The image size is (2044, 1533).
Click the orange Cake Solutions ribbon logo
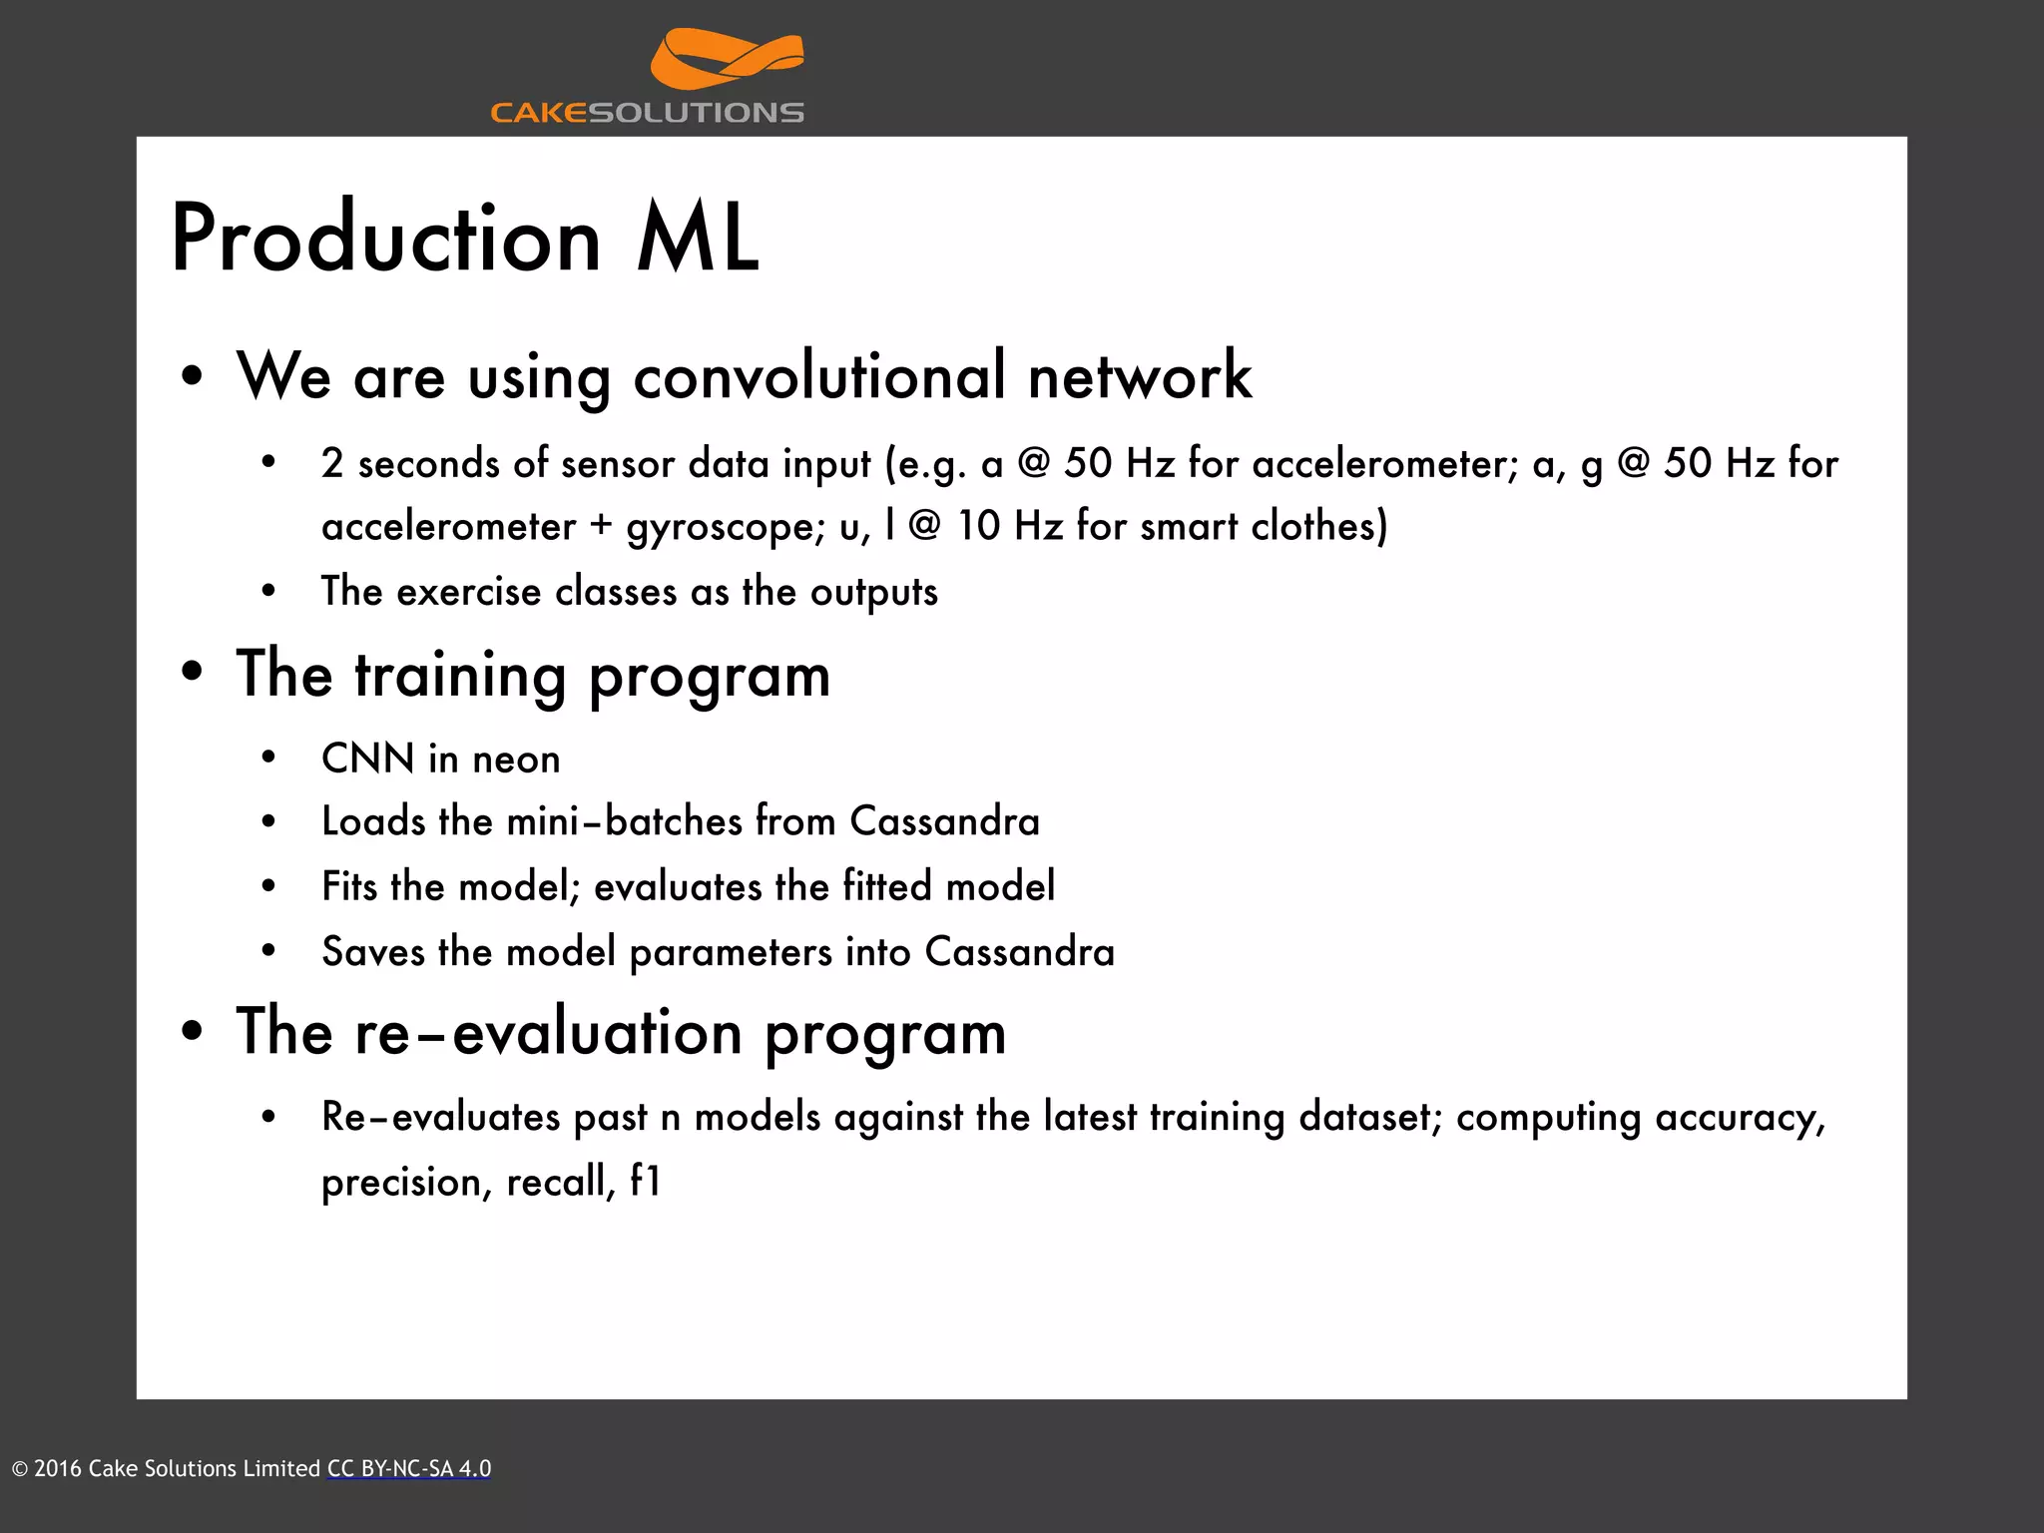(x=727, y=60)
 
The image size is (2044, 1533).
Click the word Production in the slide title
(x=385, y=240)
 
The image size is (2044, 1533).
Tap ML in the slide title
(x=698, y=240)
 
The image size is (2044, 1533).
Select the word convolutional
(x=819, y=377)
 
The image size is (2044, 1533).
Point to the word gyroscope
(x=721, y=527)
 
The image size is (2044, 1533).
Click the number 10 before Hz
(x=978, y=526)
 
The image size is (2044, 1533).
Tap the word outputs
(x=873, y=592)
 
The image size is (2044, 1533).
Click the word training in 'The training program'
(x=460, y=677)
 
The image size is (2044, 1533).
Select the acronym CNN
(x=367, y=760)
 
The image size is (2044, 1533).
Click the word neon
(x=516, y=760)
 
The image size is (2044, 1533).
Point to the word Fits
(x=348, y=886)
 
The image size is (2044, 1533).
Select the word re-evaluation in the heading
(x=548, y=1033)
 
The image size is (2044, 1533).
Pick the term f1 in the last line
(x=646, y=1183)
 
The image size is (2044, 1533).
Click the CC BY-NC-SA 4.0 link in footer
(x=409, y=1469)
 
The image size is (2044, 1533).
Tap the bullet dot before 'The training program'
(x=193, y=674)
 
